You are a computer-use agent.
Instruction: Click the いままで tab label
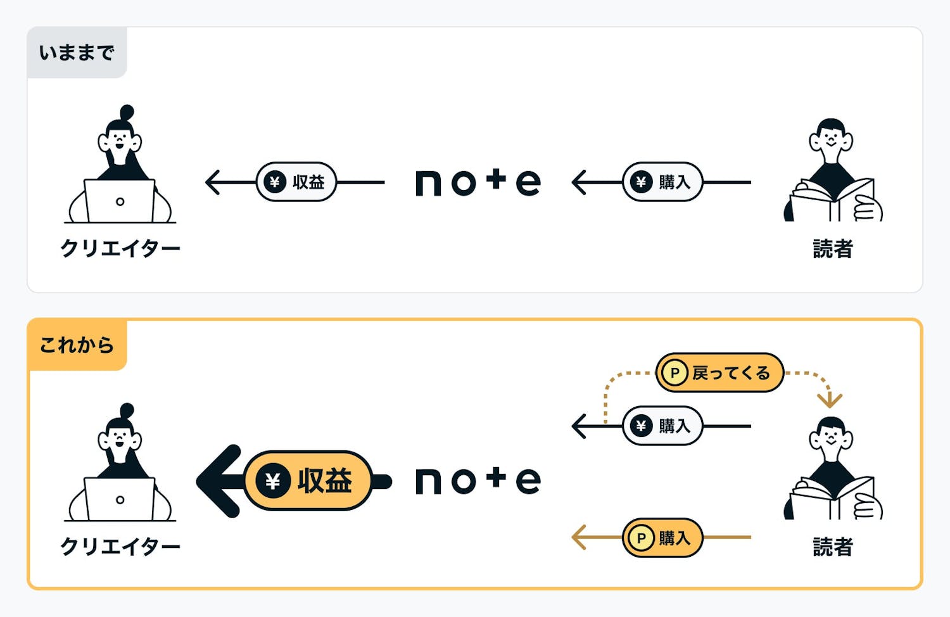pyautogui.click(x=77, y=53)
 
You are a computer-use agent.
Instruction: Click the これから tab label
pyautogui.click(x=77, y=345)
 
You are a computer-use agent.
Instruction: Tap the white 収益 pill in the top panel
pyautogui.click(x=296, y=182)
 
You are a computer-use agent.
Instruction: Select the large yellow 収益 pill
pyautogui.click(x=308, y=481)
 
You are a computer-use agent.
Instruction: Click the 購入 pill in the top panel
pyautogui.click(x=662, y=182)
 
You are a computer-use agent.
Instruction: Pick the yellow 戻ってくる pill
pyautogui.click(x=719, y=373)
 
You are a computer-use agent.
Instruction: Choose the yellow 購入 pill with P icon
pyautogui.click(x=662, y=538)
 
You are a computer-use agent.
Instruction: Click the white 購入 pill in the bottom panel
pyautogui.click(x=662, y=426)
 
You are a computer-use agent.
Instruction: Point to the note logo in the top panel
pyautogui.click(x=478, y=182)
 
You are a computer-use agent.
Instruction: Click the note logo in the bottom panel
pyautogui.click(x=478, y=481)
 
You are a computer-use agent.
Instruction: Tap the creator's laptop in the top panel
pyautogui.click(x=120, y=201)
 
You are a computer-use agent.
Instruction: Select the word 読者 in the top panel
pyautogui.click(x=832, y=248)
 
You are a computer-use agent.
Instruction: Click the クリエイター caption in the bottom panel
pyautogui.click(x=120, y=546)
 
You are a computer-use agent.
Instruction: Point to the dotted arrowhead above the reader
pyautogui.click(x=829, y=400)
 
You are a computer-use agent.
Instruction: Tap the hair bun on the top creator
pyautogui.click(x=127, y=113)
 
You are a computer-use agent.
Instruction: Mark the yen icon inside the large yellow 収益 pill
pyautogui.click(x=273, y=481)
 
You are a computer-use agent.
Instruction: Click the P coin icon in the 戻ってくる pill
pyautogui.click(x=674, y=373)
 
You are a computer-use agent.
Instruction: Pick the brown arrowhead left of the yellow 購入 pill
pyautogui.click(x=578, y=538)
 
